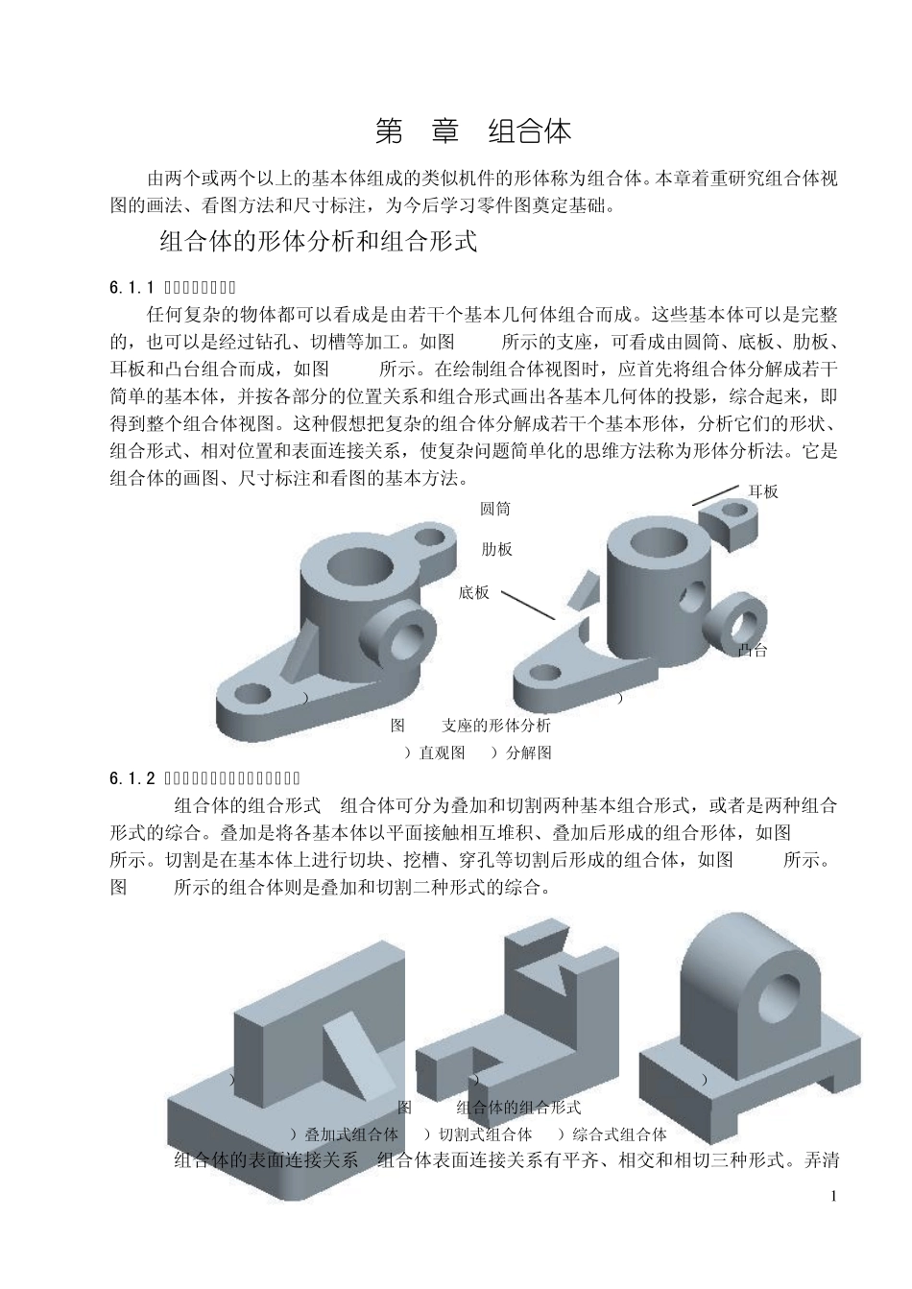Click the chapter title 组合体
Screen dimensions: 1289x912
(x=529, y=131)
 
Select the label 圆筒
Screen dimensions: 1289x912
(x=495, y=509)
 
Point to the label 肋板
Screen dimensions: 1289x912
(x=496, y=549)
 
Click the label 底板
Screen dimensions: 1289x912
(x=474, y=592)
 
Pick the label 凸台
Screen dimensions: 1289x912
(x=753, y=651)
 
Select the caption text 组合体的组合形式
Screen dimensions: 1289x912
(x=518, y=1108)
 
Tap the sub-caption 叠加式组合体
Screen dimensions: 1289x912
(x=350, y=1134)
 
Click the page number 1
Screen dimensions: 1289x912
(x=833, y=1196)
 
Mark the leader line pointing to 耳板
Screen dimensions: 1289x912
(x=715, y=493)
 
